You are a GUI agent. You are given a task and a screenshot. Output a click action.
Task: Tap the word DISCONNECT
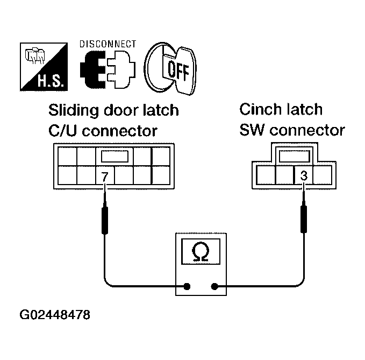[x=108, y=44]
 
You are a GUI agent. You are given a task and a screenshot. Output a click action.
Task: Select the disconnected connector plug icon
[x=108, y=70]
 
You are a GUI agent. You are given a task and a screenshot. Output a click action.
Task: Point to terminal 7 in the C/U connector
[x=105, y=176]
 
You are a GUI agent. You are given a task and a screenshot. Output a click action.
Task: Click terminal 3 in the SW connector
[x=303, y=175]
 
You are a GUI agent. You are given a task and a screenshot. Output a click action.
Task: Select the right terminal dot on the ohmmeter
[x=215, y=286]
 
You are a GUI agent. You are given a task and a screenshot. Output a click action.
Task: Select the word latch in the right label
[x=304, y=110]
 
